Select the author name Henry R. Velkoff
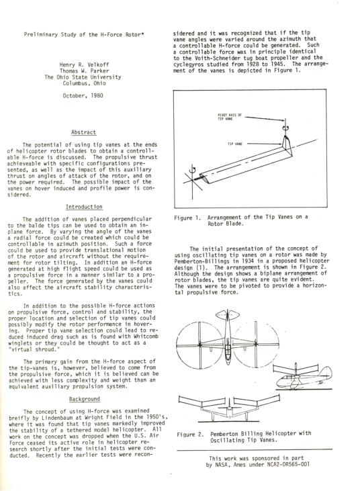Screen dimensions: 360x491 84,65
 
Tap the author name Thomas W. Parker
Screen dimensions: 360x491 84,71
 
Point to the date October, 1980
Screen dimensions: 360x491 83,95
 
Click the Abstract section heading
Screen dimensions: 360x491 83,132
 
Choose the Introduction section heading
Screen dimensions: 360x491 84,207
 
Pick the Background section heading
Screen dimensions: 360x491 84,399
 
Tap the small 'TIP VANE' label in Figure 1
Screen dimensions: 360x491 235,144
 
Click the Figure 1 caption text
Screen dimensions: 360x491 241,220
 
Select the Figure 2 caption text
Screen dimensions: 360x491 244,437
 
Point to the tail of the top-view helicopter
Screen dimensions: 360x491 228,314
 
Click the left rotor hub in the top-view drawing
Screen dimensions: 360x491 199,345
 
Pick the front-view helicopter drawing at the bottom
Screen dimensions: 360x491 229,408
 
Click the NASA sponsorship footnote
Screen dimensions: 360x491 258,461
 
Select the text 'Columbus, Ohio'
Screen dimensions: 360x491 84,83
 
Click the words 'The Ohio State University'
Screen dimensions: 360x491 83,77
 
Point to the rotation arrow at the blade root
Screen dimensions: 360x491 193,169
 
